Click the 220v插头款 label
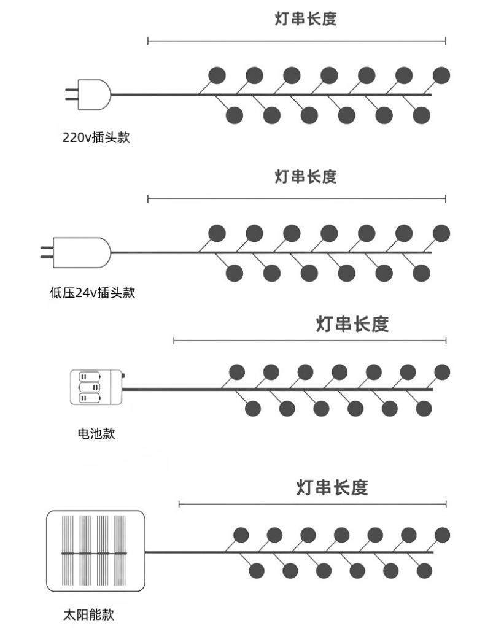(96, 137)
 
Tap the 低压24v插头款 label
(92, 292)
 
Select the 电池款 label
(96, 433)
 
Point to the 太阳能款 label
(88, 614)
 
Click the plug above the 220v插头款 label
(88, 95)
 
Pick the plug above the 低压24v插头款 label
(76, 253)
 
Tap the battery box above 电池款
(97, 387)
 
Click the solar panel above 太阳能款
(95, 551)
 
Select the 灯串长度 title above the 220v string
(306, 19)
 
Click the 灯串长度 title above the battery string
(352, 324)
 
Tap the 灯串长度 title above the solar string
(332, 487)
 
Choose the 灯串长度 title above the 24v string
(306, 177)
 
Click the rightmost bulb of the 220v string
(441, 75)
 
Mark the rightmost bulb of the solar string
(443, 535)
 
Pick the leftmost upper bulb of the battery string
(237, 372)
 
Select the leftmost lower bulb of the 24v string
(235, 273)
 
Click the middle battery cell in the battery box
(90, 387)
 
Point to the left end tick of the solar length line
(179, 504)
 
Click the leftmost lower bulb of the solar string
(257, 570)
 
